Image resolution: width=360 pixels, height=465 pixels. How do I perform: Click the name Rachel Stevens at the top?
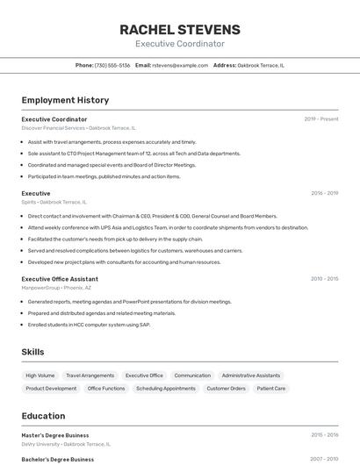(180, 30)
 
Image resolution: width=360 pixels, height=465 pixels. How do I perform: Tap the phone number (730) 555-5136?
(112, 65)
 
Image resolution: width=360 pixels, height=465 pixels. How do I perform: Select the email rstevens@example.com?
(180, 65)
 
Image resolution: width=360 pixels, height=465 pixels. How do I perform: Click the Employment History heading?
(65, 100)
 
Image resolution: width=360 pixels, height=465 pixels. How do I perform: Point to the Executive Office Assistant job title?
(60, 279)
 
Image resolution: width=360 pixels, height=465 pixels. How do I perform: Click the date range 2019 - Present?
(321, 119)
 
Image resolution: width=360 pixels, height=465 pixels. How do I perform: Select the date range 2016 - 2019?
(324, 193)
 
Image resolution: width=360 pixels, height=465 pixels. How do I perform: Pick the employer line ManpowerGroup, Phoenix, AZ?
(56, 288)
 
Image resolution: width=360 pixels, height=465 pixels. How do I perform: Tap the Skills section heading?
(33, 352)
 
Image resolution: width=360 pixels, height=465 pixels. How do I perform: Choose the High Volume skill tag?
(40, 376)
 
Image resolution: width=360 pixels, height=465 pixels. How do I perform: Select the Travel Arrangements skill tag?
(90, 376)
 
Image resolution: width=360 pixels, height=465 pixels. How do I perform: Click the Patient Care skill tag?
(271, 389)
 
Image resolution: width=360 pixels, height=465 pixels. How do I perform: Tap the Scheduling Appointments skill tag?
(166, 389)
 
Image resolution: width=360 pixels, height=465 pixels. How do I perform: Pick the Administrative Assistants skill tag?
(251, 376)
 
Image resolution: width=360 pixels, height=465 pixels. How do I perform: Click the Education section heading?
(43, 416)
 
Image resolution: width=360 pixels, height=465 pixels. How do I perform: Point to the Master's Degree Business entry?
(55, 435)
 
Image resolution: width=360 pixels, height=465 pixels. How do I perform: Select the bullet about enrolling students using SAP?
(90, 325)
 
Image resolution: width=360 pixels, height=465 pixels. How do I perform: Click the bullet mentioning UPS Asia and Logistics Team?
(168, 227)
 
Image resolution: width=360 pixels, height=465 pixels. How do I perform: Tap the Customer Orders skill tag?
(227, 389)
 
